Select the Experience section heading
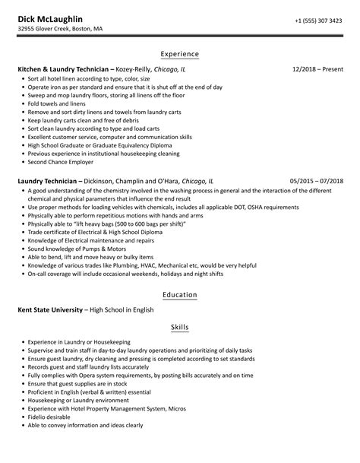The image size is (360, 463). pyautogui.click(x=180, y=54)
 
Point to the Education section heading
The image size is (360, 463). pyautogui.click(x=180, y=294)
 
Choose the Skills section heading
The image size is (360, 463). pyautogui.click(x=180, y=328)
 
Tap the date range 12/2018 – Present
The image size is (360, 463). pyautogui.click(x=317, y=69)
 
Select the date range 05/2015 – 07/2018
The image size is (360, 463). pyautogui.click(x=317, y=182)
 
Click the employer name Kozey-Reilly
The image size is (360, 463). pyautogui.click(x=134, y=69)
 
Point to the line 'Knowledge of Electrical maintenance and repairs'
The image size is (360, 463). pyautogui.click(x=92, y=240)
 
